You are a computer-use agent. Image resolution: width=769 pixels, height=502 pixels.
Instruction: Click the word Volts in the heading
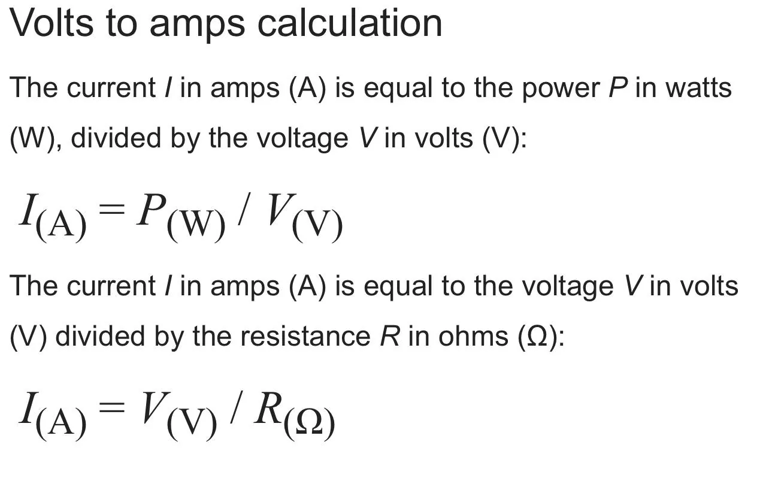52,23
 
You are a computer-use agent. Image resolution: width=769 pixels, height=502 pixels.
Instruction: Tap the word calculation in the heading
350,23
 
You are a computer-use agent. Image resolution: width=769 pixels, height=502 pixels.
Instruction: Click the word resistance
305,336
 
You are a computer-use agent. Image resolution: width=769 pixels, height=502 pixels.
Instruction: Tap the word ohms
473,336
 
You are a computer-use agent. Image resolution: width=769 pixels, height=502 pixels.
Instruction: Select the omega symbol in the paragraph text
537,337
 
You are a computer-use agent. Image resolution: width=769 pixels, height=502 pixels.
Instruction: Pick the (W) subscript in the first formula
196,226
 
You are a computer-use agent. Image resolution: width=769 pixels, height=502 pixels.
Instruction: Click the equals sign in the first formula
111,208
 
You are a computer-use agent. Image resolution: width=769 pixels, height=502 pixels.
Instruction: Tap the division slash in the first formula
244,208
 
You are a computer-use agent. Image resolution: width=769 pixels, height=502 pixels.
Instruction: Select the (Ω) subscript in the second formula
309,425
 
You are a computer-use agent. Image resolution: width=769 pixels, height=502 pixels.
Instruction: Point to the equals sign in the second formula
111,407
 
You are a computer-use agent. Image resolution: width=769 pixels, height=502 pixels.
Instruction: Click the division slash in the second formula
236,407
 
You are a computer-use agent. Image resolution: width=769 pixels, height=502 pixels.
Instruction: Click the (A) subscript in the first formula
60,226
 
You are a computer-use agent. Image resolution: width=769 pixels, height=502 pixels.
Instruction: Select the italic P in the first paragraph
618,88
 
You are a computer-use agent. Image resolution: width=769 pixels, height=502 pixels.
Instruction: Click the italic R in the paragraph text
390,336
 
